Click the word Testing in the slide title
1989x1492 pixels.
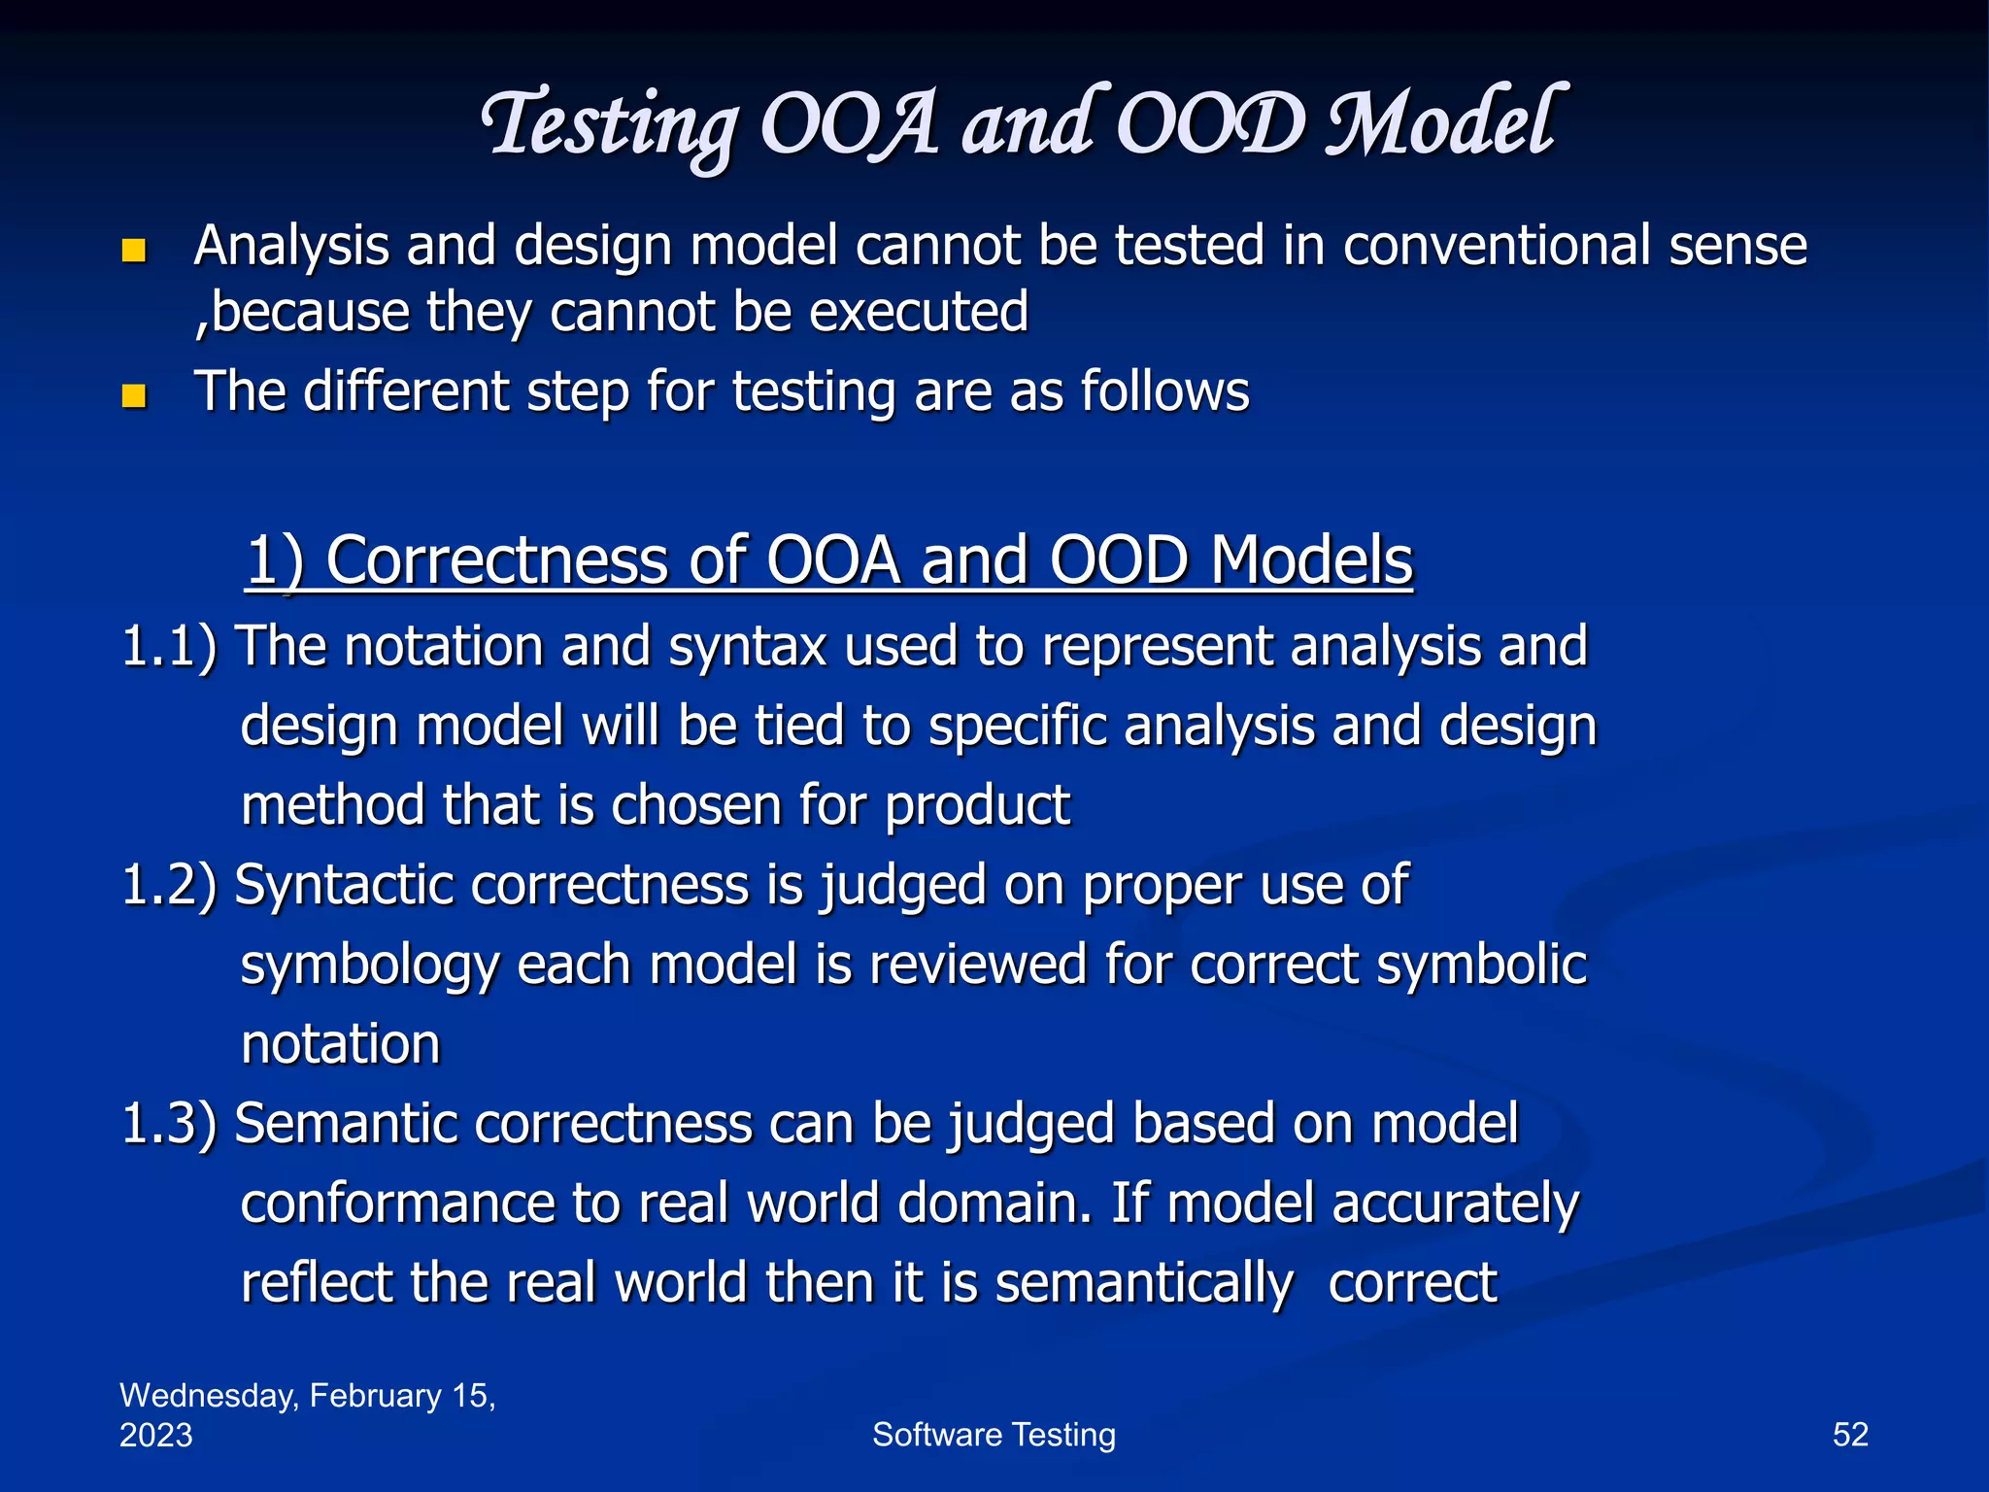click(x=610, y=126)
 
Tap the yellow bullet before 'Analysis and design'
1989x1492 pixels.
click(x=133, y=252)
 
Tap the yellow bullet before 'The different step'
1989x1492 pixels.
click(x=133, y=396)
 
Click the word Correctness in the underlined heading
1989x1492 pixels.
click(x=496, y=560)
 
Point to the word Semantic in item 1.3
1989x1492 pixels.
click(x=346, y=1124)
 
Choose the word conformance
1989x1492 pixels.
click(x=396, y=1204)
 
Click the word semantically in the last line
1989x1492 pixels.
click(x=1144, y=1284)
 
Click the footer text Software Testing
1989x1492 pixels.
click(x=994, y=1435)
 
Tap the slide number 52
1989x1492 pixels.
click(x=1849, y=1435)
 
